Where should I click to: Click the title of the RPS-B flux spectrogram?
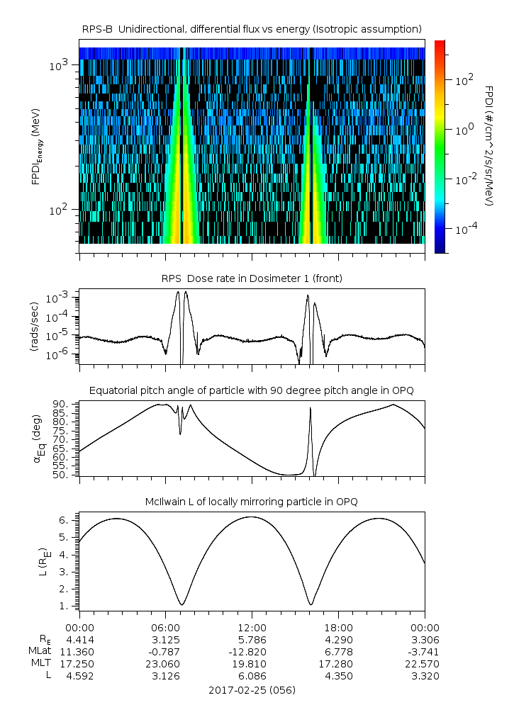[x=252, y=28]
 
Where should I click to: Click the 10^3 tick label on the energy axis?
[x=58, y=66]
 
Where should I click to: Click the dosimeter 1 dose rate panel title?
[x=252, y=278]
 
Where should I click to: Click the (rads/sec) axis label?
[x=34, y=327]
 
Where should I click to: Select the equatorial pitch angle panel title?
[x=252, y=390]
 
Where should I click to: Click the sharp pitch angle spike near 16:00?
[x=311, y=409]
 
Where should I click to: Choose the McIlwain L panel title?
[x=252, y=502]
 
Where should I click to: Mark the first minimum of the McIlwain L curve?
[x=182, y=604]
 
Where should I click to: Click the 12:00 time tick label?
[x=252, y=628]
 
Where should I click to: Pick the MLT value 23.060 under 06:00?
[x=166, y=664]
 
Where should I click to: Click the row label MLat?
[x=37, y=652]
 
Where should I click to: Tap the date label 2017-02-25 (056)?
[x=252, y=689]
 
